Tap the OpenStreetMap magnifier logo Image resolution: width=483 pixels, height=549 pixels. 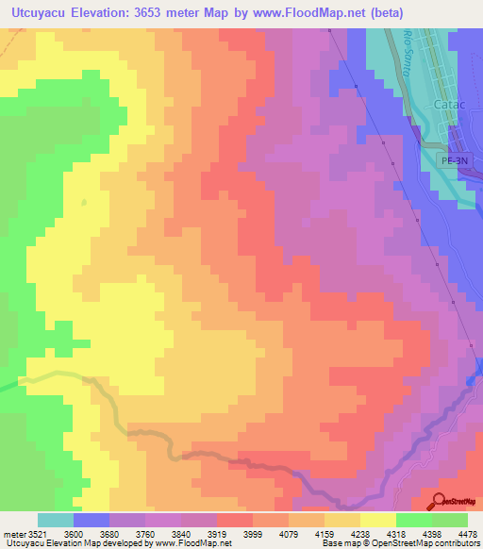(x=441, y=500)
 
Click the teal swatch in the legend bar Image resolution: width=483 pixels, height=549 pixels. (x=56, y=520)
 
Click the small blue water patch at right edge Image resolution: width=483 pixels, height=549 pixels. (x=471, y=380)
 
